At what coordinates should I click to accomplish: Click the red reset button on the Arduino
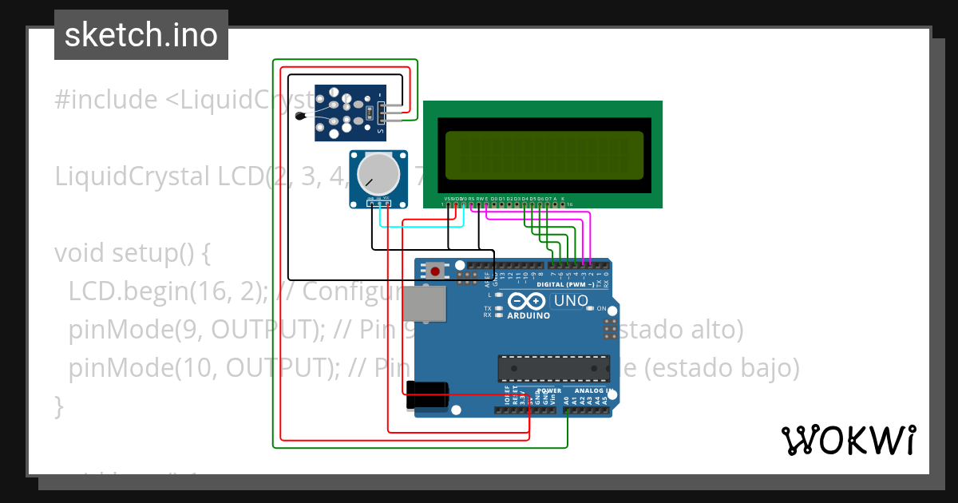[435, 271]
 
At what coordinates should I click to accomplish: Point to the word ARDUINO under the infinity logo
[528, 315]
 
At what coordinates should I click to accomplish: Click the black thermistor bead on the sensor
[300, 117]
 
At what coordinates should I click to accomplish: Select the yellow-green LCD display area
[544, 155]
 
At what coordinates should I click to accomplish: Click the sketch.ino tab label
[141, 35]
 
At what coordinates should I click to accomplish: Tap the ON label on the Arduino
[601, 308]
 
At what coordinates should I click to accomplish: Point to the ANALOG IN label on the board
[593, 390]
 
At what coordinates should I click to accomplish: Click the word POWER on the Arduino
[548, 390]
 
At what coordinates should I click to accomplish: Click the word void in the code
[79, 253]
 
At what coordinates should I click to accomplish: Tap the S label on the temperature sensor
[380, 131]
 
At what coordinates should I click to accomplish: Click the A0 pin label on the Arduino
[567, 400]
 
